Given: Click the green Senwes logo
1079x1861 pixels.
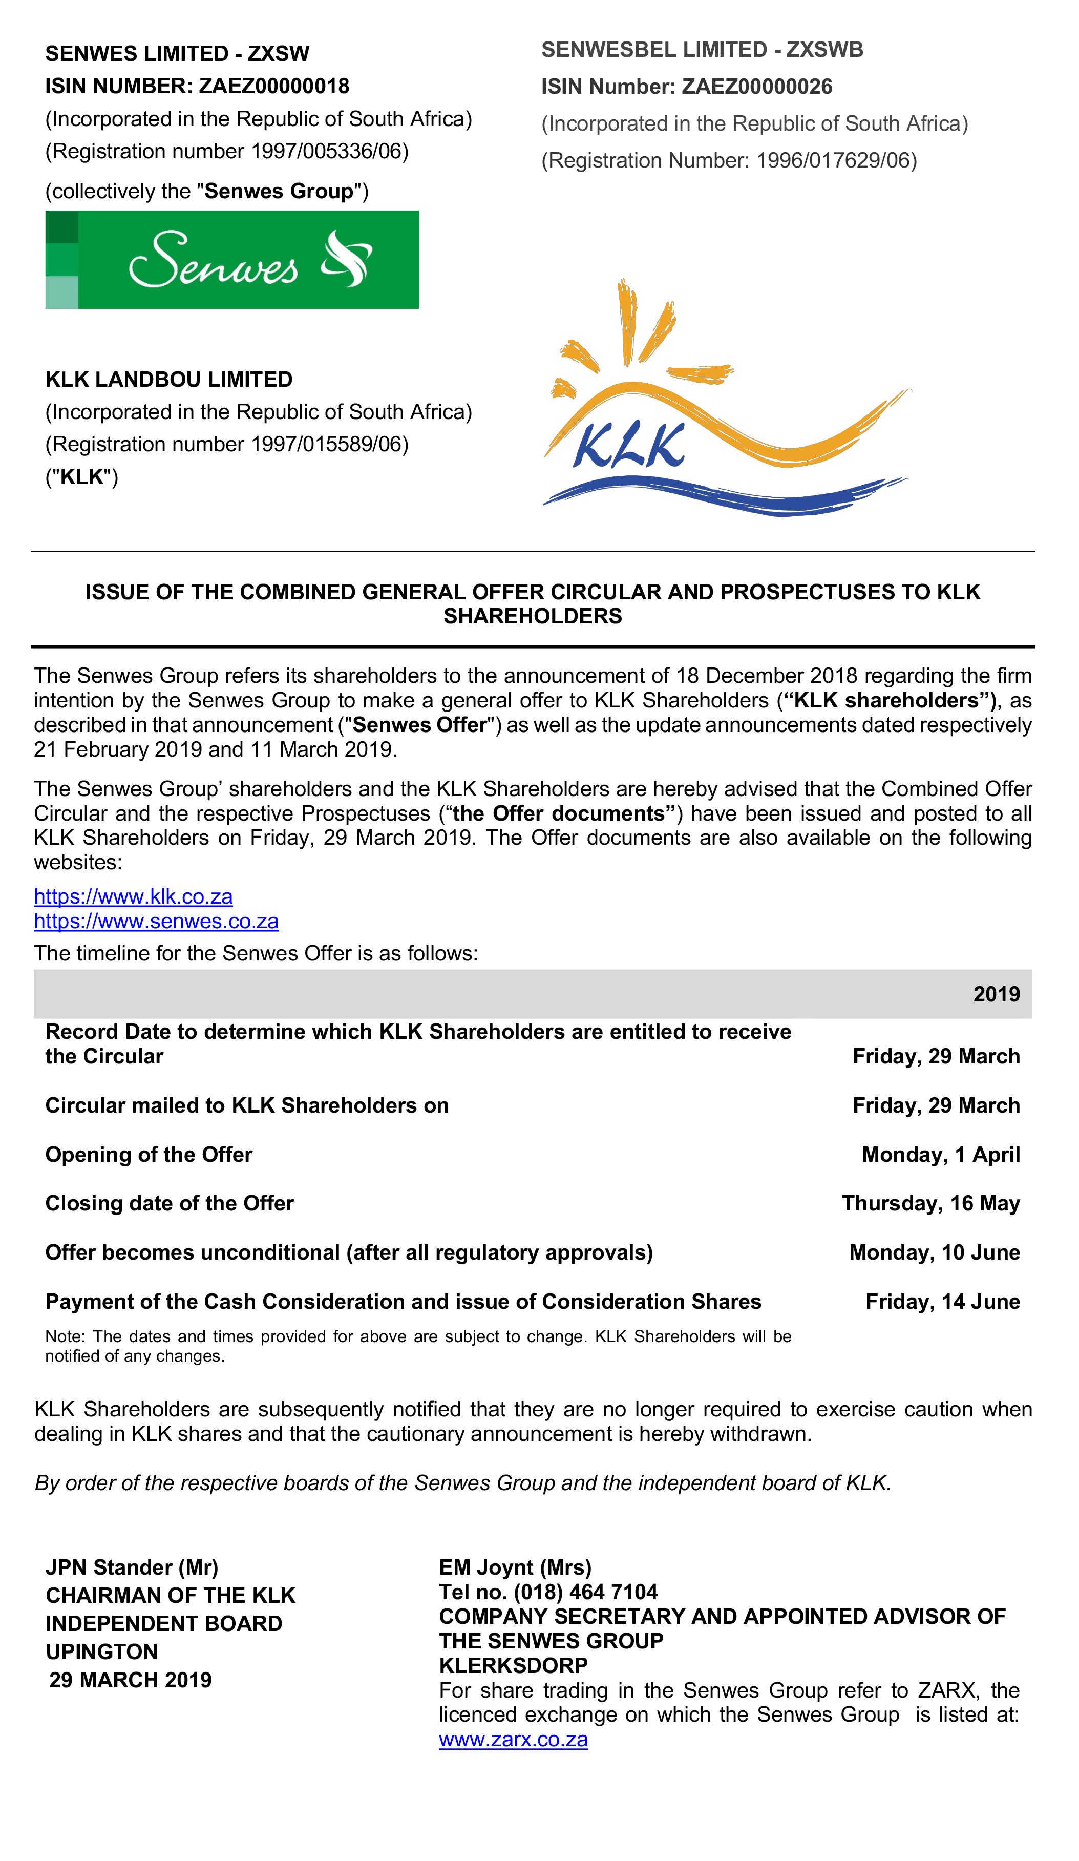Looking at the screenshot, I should click(232, 260).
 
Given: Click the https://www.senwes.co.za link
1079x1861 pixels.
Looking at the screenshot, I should click(157, 922).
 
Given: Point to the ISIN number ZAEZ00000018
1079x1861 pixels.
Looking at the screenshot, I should click(274, 87).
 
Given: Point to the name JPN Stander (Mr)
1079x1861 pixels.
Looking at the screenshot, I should click(132, 1567).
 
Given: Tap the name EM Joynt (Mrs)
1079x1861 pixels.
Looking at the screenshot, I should click(515, 1567).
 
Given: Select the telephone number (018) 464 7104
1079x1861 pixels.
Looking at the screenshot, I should click(585, 1592).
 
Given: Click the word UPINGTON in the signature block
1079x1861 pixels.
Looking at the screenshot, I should click(102, 1651).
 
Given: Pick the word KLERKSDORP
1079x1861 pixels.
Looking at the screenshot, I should click(513, 1665).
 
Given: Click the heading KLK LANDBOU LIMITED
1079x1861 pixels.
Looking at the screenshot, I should click(169, 380).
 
